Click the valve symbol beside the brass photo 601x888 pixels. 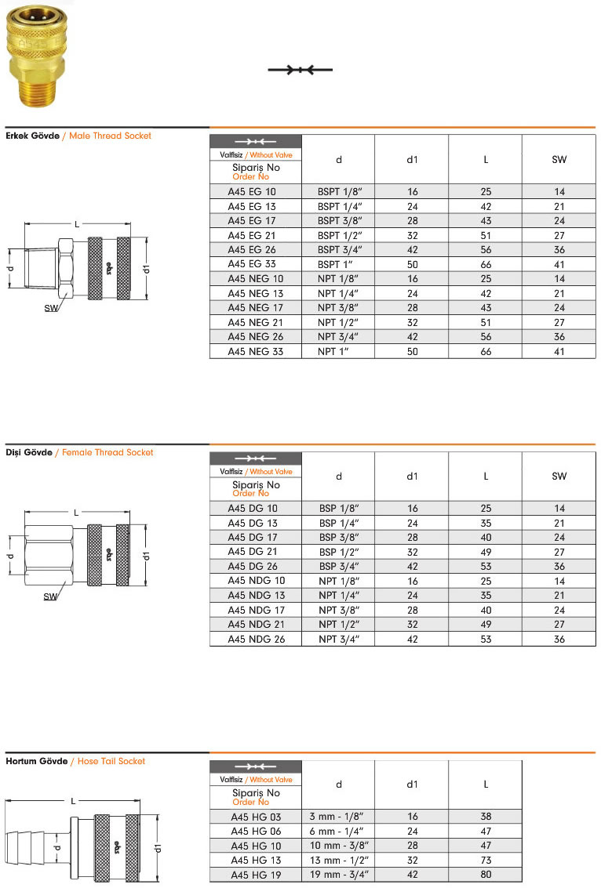click(x=301, y=70)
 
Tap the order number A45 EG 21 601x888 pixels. click(x=252, y=235)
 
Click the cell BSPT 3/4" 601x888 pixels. click(x=339, y=250)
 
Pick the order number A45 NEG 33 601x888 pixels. click(x=255, y=352)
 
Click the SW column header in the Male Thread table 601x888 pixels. click(x=559, y=159)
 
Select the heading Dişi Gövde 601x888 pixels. click(x=29, y=452)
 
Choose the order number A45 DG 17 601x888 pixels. click(x=252, y=538)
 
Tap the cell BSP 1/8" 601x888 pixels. click(x=339, y=509)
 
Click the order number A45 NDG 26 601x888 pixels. click(x=255, y=640)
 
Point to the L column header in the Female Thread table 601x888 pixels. click(x=486, y=476)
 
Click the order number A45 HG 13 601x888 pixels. click(x=252, y=861)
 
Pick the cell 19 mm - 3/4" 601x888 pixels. click(x=339, y=875)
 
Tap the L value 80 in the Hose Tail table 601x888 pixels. click(x=486, y=875)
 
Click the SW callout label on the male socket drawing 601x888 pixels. click(x=50, y=308)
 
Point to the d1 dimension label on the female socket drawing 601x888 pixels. click(x=147, y=556)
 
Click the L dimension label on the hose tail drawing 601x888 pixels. click(x=73, y=801)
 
